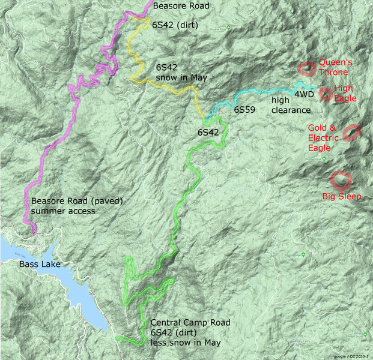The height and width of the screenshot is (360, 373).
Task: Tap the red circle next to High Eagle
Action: click(x=325, y=94)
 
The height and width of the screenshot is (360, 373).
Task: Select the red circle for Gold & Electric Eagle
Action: click(x=351, y=133)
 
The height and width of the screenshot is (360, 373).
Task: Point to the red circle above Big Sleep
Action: click(x=340, y=179)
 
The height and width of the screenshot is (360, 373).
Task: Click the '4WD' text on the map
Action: click(x=303, y=94)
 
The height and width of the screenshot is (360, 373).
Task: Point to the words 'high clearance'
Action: click(x=291, y=106)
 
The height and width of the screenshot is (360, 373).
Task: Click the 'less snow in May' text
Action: click(x=186, y=343)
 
